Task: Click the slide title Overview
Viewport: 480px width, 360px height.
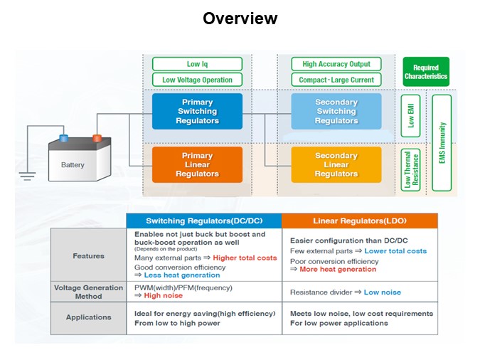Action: pyautogui.click(x=240, y=18)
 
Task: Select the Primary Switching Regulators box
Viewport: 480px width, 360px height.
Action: pyautogui.click(x=197, y=112)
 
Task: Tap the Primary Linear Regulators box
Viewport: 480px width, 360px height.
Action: pyautogui.click(x=197, y=165)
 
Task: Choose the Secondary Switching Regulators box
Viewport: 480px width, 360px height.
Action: pyautogui.click(x=336, y=112)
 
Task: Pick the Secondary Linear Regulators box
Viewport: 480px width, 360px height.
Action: pyautogui.click(x=336, y=165)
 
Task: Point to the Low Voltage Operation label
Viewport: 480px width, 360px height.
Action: pyautogui.click(x=197, y=80)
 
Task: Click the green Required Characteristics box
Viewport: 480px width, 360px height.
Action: pyautogui.click(x=426, y=72)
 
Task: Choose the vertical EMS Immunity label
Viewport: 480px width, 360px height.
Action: pyautogui.click(x=442, y=143)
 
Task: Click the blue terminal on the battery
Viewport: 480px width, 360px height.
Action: pyautogui.click(x=64, y=138)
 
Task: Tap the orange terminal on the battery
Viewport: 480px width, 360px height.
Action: pyautogui.click(x=97, y=138)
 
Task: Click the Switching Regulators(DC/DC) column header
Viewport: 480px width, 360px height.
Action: pyautogui.click(x=203, y=221)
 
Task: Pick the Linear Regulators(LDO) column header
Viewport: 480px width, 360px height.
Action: pyautogui.click(x=359, y=221)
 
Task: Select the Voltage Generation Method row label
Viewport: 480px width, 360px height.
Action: pyautogui.click(x=88, y=292)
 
